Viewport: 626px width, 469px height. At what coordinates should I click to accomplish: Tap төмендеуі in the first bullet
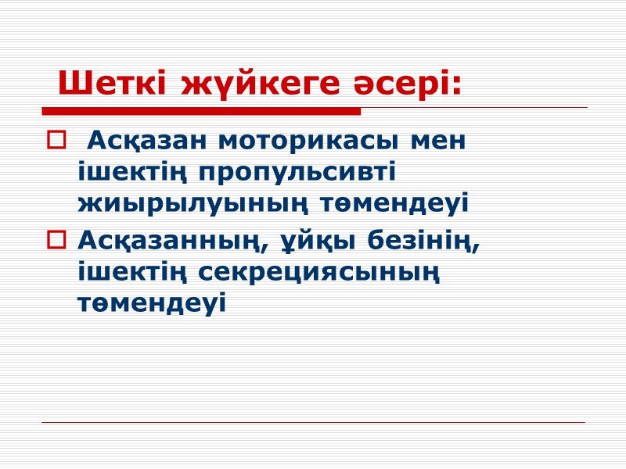click(387, 203)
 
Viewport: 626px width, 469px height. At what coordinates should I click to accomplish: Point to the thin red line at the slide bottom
click(313, 423)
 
